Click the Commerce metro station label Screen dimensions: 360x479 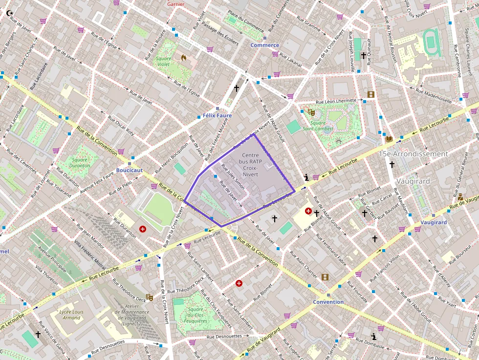point(264,45)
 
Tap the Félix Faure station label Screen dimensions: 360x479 point(217,115)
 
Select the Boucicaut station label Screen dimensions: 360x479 point(129,170)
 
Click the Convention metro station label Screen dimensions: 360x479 point(328,302)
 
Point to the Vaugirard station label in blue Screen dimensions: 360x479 point(434,222)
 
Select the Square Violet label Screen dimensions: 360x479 point(164,62)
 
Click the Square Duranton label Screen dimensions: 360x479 point(80,162)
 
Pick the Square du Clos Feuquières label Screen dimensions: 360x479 point(196,315)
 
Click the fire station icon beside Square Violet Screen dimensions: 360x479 point(184,57)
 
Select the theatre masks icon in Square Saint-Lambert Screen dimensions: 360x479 point(311,112)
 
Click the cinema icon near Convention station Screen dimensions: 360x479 point(325,277)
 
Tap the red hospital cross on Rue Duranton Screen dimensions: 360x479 point(142,229)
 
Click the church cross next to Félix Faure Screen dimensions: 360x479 point(237,88)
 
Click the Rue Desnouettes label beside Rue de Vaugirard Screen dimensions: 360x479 point(224,336)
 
